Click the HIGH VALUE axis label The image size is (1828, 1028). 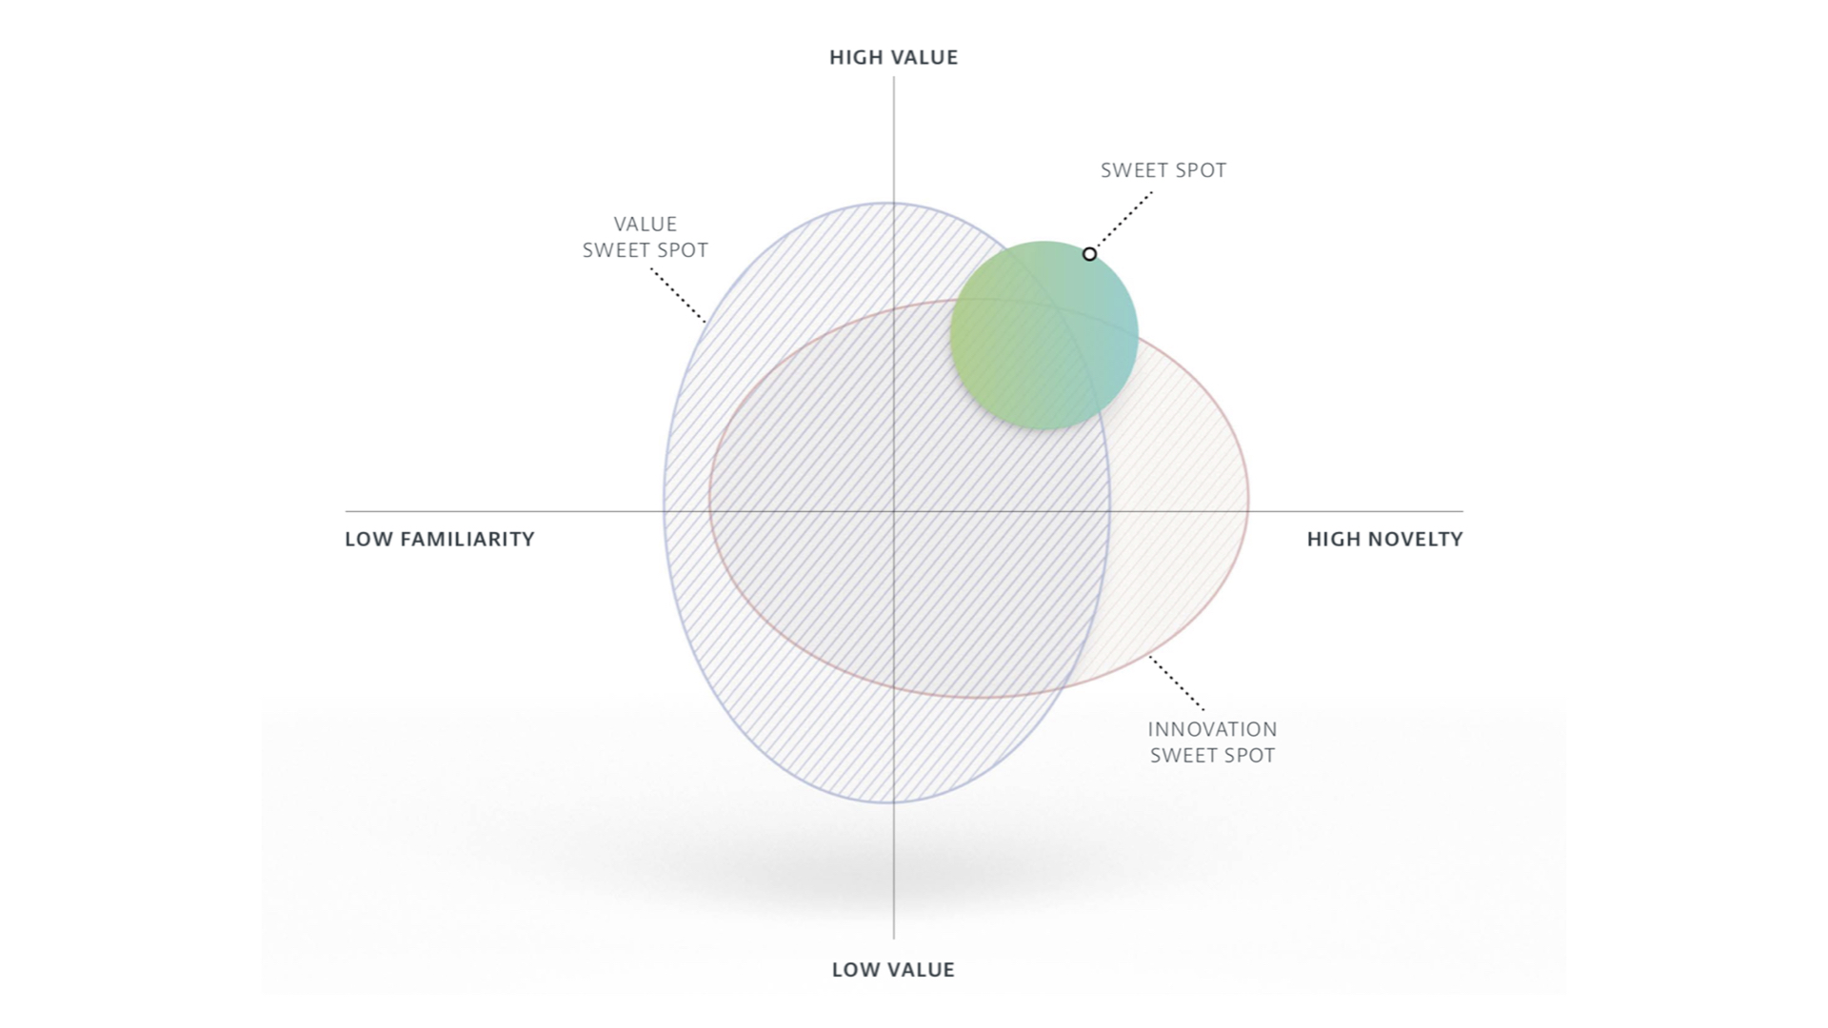tap(893, 57)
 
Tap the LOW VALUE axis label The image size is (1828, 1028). tap(893, 970)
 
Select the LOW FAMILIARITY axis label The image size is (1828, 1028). tap(440, 539)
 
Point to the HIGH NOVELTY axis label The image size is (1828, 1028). tap(1384, 539)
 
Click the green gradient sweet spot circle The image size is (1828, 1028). tap(1044, 335)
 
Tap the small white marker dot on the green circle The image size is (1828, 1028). tap(1089, 254)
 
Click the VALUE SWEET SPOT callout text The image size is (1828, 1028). tap(646, 237)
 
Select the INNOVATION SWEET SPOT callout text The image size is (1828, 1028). tap(1212, 742)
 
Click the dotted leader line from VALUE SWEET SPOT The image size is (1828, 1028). tap(678, 295)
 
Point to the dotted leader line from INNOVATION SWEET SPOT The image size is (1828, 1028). tap(1177, 682)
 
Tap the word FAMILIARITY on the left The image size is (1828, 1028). tap(467, 539)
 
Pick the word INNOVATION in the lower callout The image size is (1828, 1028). tap(1212, 729)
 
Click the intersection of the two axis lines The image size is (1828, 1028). tap(893, 511)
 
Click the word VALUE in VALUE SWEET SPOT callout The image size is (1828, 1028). tap(646, 224)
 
